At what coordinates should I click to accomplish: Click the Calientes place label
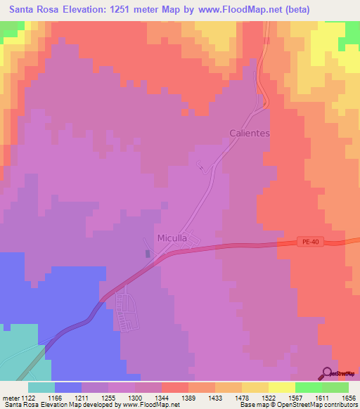(250, 132)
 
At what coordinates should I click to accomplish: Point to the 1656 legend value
(349, 398)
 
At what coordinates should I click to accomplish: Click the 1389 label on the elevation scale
(188, 398)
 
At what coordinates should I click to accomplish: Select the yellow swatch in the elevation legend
(281, 387)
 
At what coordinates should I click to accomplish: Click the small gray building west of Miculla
(147, 254)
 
